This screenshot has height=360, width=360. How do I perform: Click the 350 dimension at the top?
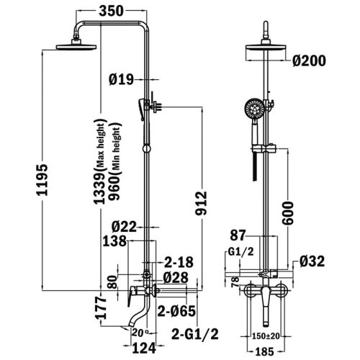click(x=111, y=11)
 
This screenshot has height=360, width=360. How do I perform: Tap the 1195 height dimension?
click(x=42, y=180)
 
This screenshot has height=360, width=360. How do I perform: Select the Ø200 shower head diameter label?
click(x=309, y=60)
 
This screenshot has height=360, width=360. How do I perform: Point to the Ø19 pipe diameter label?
click(x=121, y=79)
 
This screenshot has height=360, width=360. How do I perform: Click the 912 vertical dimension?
click(x=201, y=203)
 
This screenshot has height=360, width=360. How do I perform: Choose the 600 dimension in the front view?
click(x=287, y=213)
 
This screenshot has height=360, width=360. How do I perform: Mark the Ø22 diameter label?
click(x=124, y=227)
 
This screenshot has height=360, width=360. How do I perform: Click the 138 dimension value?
click(x=114, y=241)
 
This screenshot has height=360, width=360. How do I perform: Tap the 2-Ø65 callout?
click(x=176, y=311)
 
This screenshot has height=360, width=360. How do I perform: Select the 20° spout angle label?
click(x=140, y=333)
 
